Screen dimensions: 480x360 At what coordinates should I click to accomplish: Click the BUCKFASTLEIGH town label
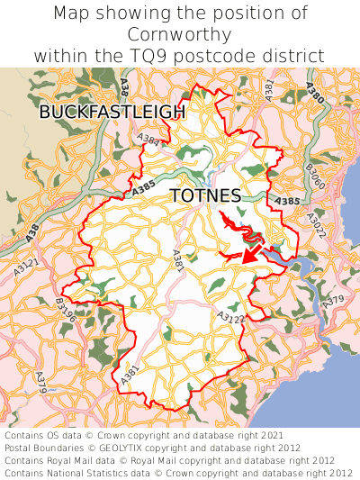pyautogui.click(x=112, y=112)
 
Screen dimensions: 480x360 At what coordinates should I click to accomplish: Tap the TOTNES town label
pyautogui.click(x=205, y=196)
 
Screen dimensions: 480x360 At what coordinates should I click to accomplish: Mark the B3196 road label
pyautogui.click(x=66, y=310)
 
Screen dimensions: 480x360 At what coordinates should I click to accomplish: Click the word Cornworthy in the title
pyautogui.click(x=180, y=34)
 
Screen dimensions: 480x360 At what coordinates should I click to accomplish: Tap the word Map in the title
pyautogui.click(x=72, y=14)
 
